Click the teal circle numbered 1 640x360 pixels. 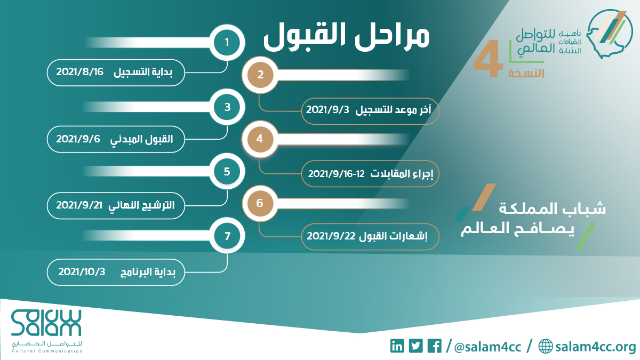[227, 43]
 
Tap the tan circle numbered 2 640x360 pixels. [260, 75]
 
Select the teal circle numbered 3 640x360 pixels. [227, 107]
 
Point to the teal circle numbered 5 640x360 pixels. [227, 171]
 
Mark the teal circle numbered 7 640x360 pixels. [227, 236]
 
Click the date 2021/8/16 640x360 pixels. [79, 71]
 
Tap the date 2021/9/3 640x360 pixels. [327, 110]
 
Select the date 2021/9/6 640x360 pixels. [78, 139]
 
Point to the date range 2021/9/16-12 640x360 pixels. [337, 174]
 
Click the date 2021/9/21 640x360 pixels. [79, 205]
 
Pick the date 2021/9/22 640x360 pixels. [331, 236]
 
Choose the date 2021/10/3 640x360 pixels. [82, 271]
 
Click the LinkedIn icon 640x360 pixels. [397, 346]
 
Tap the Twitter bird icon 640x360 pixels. [415, 346]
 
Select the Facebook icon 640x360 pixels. [434, 346]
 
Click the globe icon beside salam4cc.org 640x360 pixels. [546, 346]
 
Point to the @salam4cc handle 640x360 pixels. [487, 347]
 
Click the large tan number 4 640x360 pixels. [488, 59]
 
